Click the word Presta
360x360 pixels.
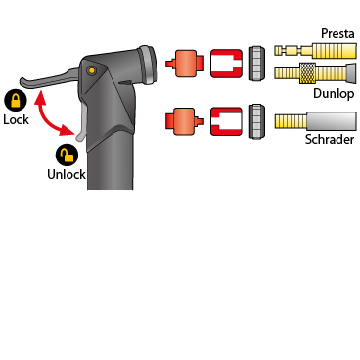[x=337, y=33]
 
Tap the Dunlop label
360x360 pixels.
[x=334, y=93]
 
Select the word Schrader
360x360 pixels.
[x=330, y=139]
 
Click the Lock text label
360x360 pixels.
[x=16, y=119]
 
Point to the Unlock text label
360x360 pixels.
[x=67, y=174]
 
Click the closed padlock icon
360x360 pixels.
[x=16, y=100]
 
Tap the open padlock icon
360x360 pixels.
[x=67, y=156]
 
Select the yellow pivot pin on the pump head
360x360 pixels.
[x=92, y=70]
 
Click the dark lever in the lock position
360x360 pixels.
[x=49, y=79]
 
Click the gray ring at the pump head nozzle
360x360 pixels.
[x=149, y=64]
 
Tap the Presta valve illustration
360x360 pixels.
[x=315, y=50]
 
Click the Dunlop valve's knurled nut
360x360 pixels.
[x=307, y=73]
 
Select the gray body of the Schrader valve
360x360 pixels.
[x=331, y=121]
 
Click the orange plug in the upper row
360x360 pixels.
[x=185, y=64]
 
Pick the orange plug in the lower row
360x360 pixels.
[x=185, y=121]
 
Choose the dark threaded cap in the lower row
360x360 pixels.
[x=257, y=121]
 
